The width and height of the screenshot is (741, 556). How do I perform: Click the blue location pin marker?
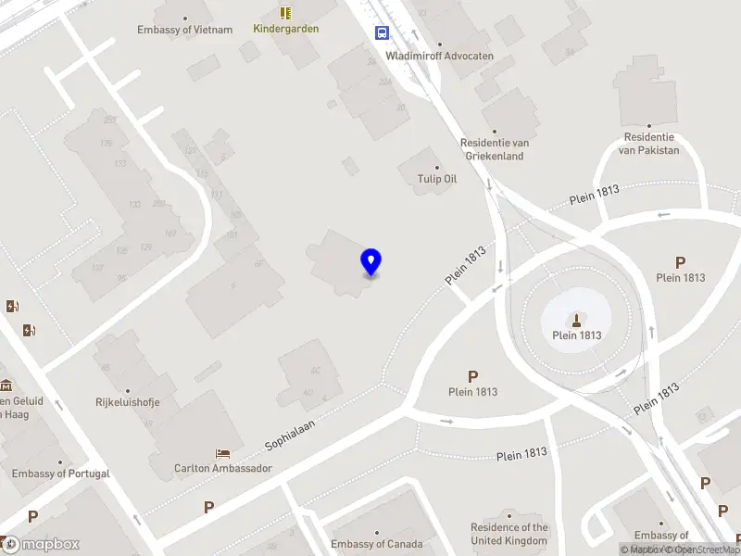[371, 262]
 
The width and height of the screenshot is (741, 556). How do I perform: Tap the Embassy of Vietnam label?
[185, 29]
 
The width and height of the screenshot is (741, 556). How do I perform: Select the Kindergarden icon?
[286, 13]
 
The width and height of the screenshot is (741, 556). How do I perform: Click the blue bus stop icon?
[382, 32]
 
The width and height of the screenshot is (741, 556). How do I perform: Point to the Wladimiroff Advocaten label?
[440, 56]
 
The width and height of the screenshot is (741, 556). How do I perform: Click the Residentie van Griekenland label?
[494, 149]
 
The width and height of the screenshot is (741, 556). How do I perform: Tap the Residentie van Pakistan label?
[648, 144]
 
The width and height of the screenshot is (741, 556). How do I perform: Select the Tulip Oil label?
[438, 179]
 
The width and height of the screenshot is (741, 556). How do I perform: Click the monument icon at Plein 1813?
[577, 321]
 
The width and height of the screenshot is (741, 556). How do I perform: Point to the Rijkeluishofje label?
[128, 402]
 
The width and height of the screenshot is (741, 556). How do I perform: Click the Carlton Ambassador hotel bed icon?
[223, 453]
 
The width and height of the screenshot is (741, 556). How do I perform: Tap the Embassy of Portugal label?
[61, 474]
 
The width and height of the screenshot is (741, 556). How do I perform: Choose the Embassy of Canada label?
[377, 544]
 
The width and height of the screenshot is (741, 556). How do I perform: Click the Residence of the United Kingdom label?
[509, 534]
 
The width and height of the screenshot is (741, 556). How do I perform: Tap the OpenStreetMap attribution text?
[708, 550]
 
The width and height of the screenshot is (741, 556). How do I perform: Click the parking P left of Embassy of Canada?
[208, 507]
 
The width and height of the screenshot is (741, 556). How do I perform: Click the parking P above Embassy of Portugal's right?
[32, 516]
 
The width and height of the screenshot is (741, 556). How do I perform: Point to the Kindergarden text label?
[286, 29]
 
